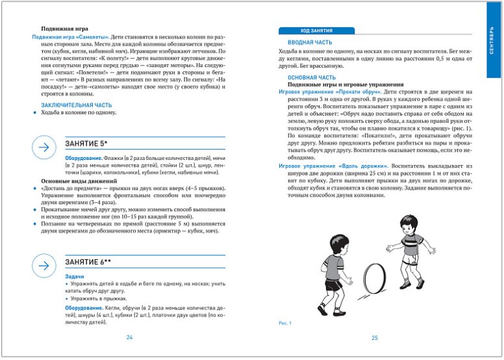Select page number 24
[129, 337]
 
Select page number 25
[375, 337]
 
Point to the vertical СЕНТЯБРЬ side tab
[494, 42]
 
